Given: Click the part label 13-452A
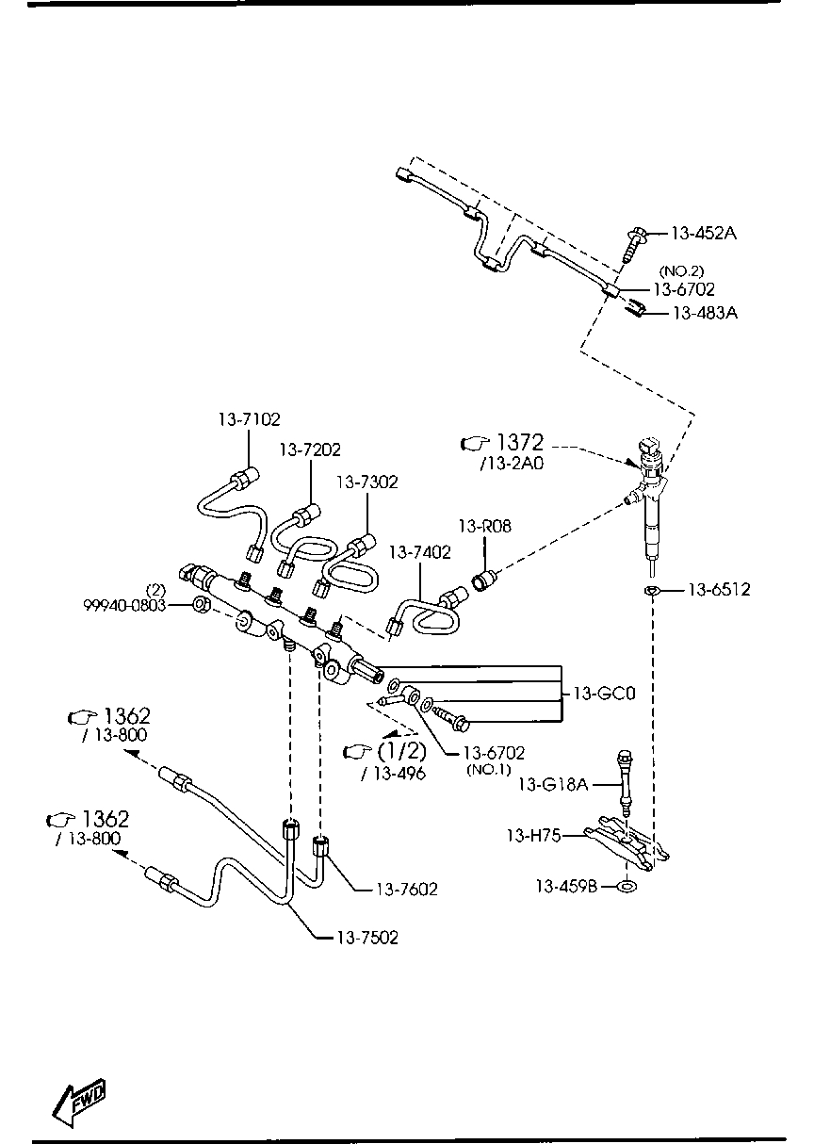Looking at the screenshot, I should coord(703,234).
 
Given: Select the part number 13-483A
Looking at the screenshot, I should coord(704,312).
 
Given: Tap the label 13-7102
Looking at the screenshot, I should coord(250,419).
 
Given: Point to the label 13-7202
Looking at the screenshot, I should coord(309,450).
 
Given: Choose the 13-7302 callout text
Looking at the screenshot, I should coord(366,482).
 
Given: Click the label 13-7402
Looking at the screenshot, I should coord(419,551).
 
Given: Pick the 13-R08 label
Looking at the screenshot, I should coord(485,527).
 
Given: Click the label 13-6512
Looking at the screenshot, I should coord(718,590).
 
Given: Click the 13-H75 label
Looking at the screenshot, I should coord(533,835).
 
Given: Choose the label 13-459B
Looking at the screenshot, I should coord(567,886).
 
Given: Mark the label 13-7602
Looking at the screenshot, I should coord(407,888).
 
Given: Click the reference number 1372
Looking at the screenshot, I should coord(520,442).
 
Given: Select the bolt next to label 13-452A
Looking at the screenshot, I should coord(634,242).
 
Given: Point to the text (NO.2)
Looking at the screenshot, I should coord(680,271).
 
